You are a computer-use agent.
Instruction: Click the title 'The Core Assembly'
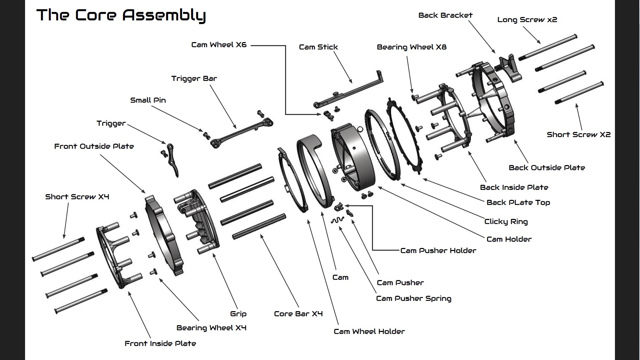tap(121, 15)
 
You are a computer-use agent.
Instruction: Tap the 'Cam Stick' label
tap(318, 47)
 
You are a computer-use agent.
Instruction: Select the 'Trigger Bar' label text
tap(194, 79)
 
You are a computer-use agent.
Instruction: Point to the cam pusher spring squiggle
tap(338, 220)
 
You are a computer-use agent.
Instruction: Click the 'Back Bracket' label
tap(445, 15)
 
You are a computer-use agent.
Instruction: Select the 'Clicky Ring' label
tap(506, 222)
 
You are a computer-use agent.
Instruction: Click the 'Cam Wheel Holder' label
tap(369, 332)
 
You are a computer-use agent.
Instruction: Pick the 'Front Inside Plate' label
tap(160, 344)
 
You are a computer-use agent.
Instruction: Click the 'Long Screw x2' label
tap(527, 20)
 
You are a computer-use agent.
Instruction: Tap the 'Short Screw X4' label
tap(77, 197)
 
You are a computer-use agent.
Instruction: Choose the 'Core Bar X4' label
tap(298, 314)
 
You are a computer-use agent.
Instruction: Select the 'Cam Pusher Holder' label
tap(438, 251)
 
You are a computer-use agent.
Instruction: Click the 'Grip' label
tap(238, 314)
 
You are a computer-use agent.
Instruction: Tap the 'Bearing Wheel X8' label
tap(411, 47)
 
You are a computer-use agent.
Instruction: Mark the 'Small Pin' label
tap(148, 100)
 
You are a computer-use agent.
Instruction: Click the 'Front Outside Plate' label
tap(94, 146)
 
